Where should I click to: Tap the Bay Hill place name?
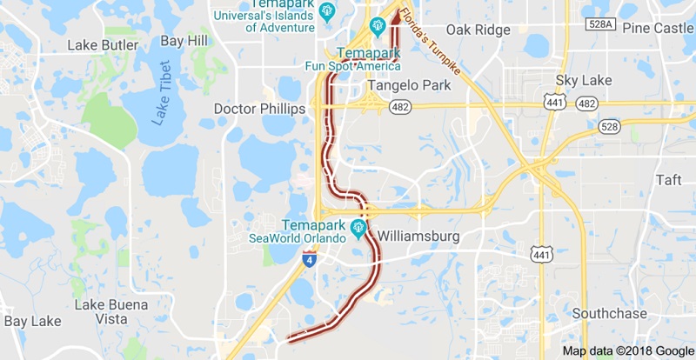184,41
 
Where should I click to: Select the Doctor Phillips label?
259,109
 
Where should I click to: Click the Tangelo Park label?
410,85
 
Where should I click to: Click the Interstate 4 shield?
310,258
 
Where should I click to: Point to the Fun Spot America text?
352,66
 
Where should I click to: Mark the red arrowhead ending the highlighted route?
393,15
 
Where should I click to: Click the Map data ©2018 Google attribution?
626,351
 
